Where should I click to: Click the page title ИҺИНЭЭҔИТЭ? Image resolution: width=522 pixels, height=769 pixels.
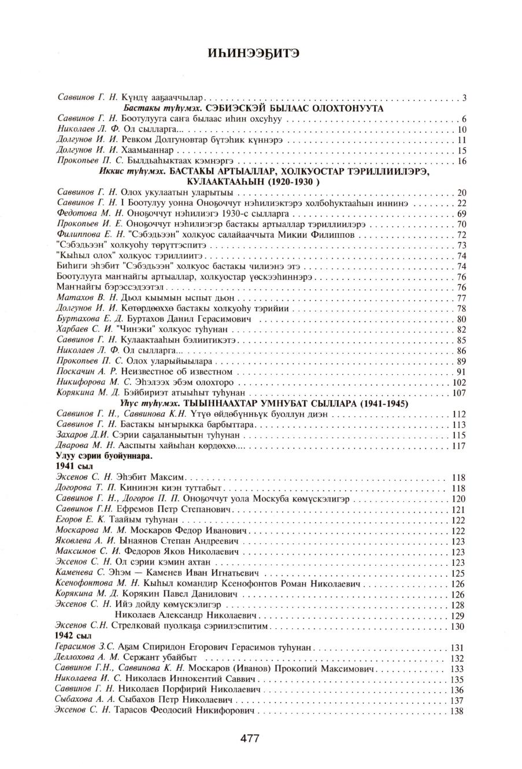click(260, 54)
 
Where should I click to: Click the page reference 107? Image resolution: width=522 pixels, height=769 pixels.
click(458, 393)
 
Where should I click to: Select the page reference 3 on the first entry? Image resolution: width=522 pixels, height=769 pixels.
click(464, 98)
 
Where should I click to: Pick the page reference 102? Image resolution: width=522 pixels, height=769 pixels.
click(458, 382)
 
